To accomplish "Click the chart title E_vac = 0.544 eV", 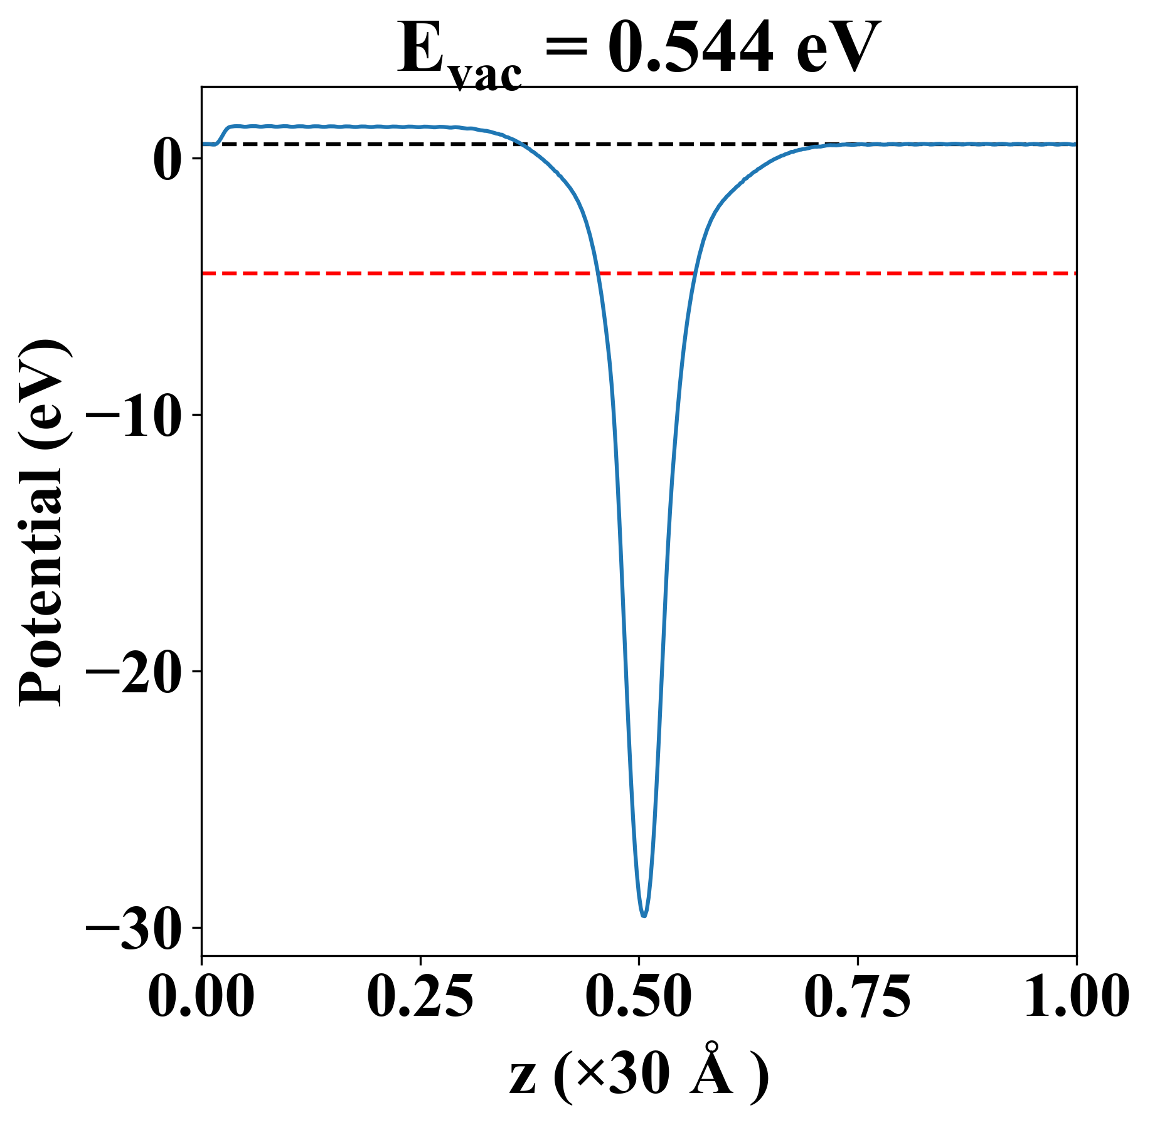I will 639,50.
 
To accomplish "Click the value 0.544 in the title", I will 690,49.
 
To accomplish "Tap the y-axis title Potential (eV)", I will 43,524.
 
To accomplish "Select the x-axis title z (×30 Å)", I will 639,1074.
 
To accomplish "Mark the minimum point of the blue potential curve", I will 644,916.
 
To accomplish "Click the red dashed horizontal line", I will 878,273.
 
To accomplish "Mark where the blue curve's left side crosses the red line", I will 598,273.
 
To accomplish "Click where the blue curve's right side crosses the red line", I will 695,273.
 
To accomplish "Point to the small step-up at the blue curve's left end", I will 223,134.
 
